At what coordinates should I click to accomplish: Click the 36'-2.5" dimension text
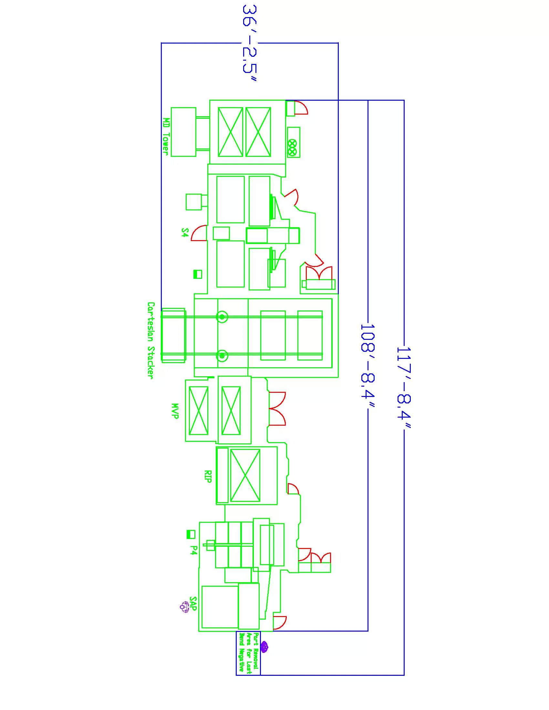[250, 43]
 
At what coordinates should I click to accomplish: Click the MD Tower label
[166, 136]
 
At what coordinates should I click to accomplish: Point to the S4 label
[184, 232]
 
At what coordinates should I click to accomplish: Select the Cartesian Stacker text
[151, 340]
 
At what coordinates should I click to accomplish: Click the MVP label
[175, 411]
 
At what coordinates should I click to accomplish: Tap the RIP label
[208, 476]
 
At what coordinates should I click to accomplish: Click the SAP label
[193, 604]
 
